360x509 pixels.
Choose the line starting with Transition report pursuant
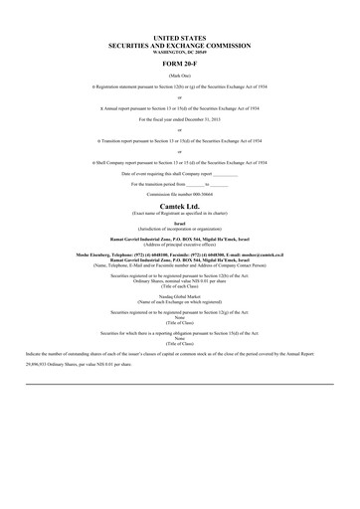(179, 140)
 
